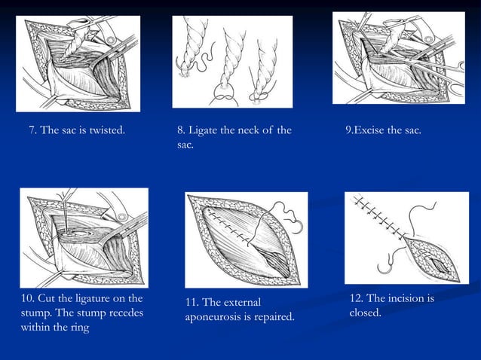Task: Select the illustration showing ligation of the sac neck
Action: click(x=232, y=62)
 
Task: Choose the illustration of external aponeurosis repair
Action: click(x=246, y=240)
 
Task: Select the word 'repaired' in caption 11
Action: click(x=272, y=317)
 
